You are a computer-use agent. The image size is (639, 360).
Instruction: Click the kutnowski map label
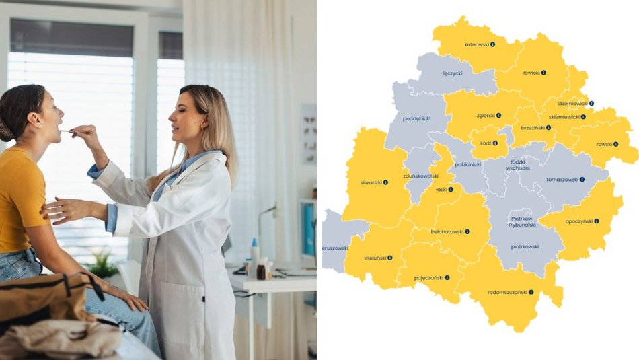coord(476,44)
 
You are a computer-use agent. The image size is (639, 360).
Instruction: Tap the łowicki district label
coord(531,73)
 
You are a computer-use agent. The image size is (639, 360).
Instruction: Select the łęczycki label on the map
coord(452,73)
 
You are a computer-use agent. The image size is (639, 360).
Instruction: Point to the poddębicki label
coord(416,118)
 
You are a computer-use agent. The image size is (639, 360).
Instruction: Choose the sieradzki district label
coord(371,182)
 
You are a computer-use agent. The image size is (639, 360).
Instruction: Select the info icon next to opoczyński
coord(596,221)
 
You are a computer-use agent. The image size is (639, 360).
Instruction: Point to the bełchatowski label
coord(447,231)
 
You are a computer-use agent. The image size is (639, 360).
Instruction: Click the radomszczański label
coord(507,293)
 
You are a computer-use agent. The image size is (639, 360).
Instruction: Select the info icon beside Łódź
coord(495,143)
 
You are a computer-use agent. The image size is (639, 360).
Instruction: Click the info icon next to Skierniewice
coord(591,104)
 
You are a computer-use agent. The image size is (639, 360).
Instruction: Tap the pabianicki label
coord(467,164)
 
